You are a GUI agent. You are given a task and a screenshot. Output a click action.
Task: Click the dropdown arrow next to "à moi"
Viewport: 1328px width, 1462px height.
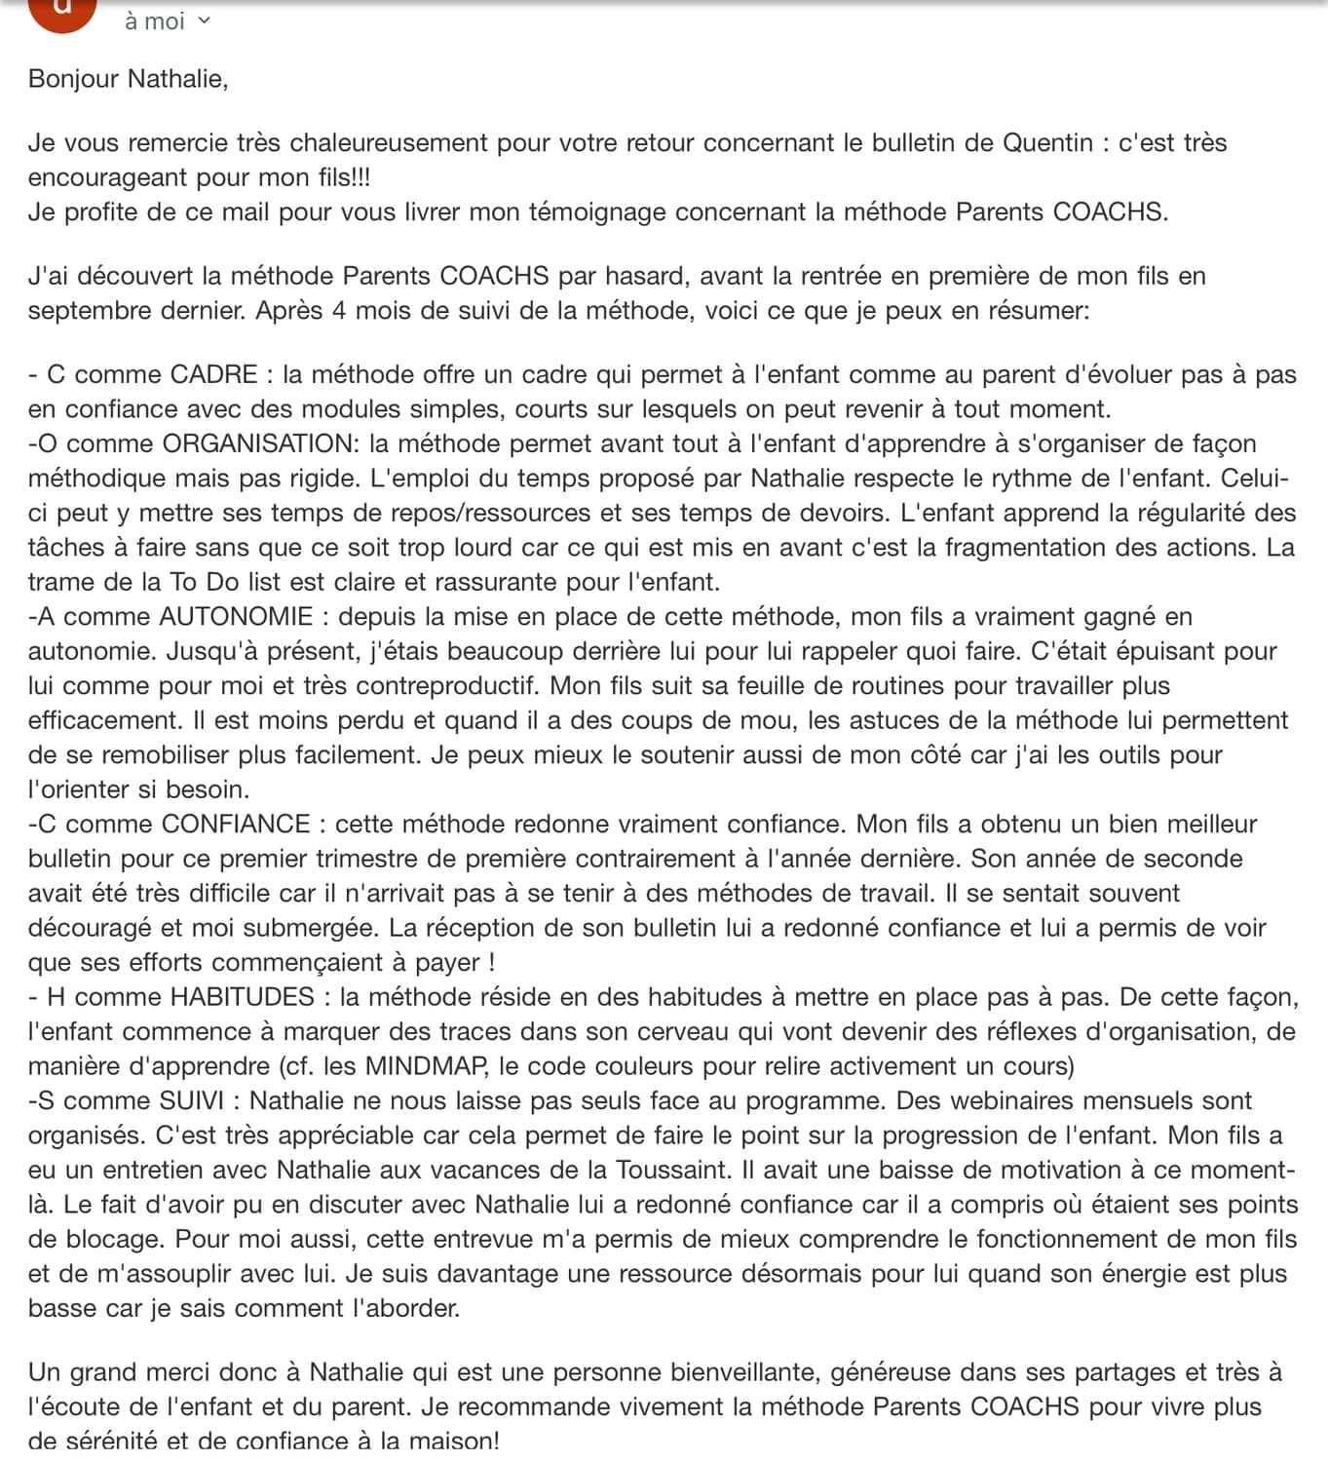(204, 20)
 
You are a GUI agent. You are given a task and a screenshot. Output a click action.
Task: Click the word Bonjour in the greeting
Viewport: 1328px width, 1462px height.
(73, 79)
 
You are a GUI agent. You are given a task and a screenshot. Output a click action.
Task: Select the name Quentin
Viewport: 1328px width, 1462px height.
(1047, 143)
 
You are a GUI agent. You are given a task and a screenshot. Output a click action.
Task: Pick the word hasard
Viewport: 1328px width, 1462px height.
(643, 277)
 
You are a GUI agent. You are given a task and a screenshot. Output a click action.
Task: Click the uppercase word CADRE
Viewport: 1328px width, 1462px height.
(213, 375)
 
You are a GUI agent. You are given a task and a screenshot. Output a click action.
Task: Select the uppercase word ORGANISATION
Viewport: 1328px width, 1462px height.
(258, 444)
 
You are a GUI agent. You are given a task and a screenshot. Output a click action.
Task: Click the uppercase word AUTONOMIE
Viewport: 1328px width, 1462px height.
(236, 617)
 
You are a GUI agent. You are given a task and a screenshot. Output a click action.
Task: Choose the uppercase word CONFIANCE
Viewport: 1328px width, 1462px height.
(236, 825)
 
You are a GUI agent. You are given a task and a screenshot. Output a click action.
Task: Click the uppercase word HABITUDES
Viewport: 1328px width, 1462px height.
(242, 997)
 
